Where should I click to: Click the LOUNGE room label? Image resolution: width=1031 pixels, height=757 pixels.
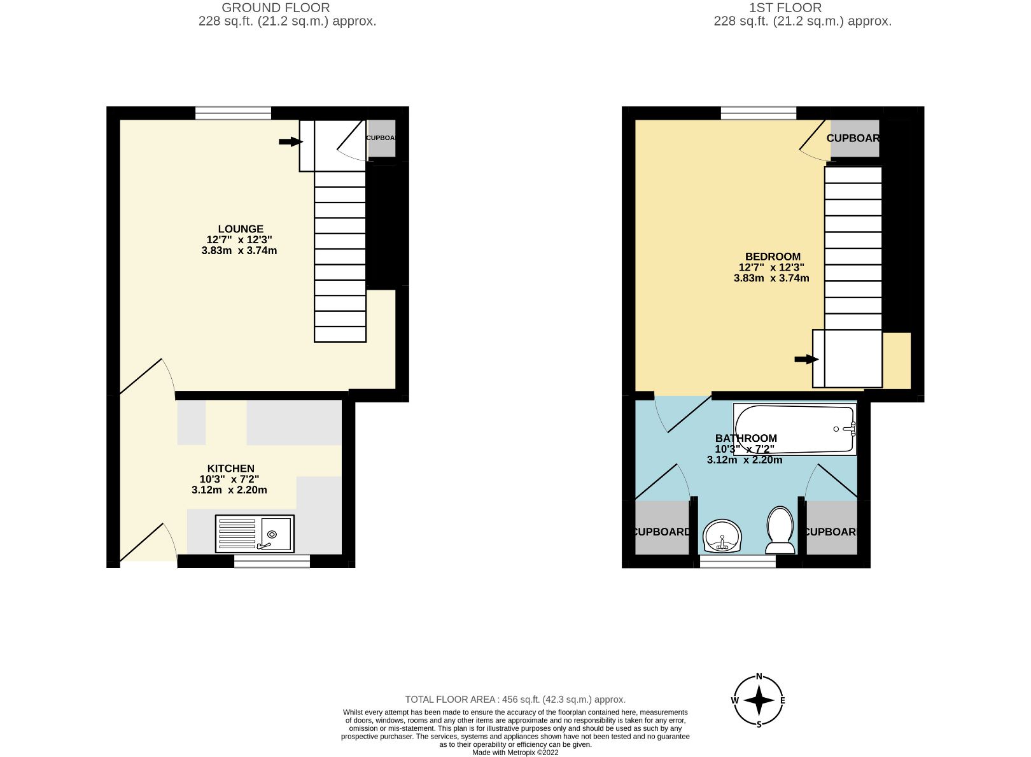coord(240,229)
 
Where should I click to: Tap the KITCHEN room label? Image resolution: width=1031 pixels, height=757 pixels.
coord(230,469)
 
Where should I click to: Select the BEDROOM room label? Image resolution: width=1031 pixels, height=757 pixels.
coord(773,257)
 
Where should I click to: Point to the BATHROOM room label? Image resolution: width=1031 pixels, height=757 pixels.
coord(746,438)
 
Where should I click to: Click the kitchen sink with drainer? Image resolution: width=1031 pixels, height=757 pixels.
coord(255,534)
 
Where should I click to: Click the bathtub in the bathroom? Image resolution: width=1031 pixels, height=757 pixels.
coord(794,429)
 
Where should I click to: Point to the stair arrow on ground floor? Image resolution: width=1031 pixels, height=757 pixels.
coord(290,141)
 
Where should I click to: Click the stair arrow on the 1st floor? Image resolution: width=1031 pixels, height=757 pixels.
coord(806,360)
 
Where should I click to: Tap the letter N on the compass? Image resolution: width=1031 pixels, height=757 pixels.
coord(759,677)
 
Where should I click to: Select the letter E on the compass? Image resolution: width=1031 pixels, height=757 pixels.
coord(782,701)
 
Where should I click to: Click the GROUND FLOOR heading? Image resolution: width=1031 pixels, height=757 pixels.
coord(276,8)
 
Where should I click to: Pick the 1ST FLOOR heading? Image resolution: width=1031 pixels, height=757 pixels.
coord(785,8)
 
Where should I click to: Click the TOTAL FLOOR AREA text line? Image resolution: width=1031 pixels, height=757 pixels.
coord(515,699)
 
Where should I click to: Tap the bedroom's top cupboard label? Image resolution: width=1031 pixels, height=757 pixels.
coord(853,138)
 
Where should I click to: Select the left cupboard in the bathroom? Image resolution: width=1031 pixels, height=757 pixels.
coord(661,532)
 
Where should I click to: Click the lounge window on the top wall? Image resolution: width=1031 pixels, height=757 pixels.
coord(233,113)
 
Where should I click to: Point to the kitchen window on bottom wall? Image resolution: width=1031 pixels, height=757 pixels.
coord(272,561)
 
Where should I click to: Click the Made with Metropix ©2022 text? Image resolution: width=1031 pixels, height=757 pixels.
coord(515,753)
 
